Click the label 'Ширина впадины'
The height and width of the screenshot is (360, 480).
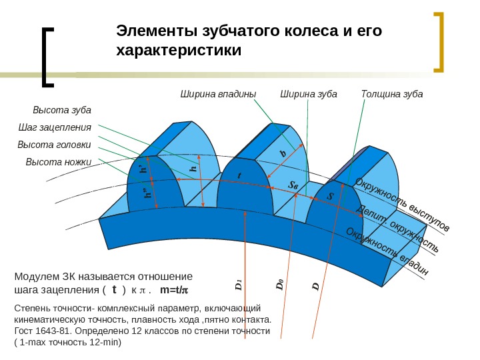219,94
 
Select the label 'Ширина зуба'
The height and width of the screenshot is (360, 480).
309,94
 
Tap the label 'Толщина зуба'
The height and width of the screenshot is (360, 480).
392,94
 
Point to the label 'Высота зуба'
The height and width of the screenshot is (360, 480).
62,110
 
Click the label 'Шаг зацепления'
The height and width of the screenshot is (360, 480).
55,127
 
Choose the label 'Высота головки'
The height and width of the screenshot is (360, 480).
54,145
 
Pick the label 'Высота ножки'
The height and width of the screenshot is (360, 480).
59,162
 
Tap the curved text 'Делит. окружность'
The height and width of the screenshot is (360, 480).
398,229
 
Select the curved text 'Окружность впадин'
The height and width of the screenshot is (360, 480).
387,252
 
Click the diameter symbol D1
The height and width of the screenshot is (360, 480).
238,285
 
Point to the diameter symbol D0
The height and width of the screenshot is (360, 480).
280,285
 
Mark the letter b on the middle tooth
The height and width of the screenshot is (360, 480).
283,154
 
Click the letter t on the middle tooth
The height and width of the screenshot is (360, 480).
239,175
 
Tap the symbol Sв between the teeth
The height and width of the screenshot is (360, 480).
293,185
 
